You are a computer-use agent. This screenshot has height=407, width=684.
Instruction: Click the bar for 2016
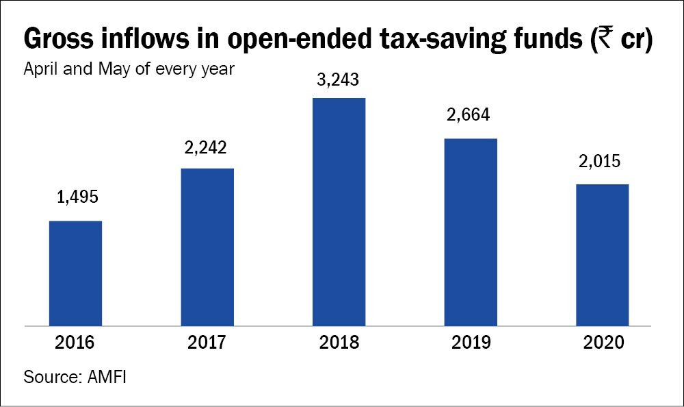[x=75, y=273]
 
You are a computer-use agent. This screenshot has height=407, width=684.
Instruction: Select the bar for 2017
[x=207, y=247]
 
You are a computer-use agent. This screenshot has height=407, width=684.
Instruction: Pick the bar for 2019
[x=471, y=232]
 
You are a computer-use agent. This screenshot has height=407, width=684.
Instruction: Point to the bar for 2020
[x=602, y=254]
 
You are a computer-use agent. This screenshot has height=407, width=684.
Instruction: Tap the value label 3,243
[x=339, y=79]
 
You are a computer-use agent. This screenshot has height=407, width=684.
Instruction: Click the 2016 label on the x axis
[x=75, y=343]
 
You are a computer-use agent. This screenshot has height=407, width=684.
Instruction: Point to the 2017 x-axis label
[x=207, y=343]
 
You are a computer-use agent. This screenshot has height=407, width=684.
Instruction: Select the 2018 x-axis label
[x=339, y=343]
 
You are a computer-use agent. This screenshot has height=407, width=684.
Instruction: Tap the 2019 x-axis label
[x=471, y=343]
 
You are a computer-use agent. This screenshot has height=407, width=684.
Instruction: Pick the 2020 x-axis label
[x=602, y=343]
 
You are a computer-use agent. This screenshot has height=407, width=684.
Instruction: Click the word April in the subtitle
[x=40, y=70]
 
